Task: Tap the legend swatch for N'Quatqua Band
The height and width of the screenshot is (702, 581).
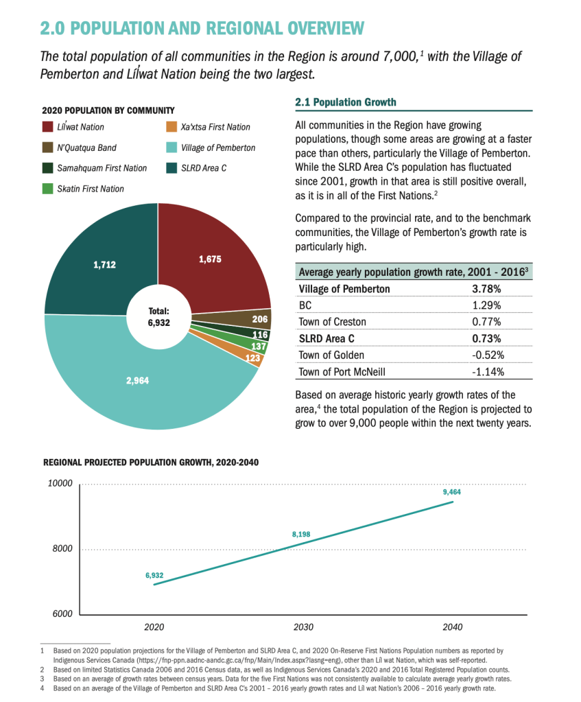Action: [48, 148]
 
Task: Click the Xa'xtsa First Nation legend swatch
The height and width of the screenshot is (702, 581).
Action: [171, 127]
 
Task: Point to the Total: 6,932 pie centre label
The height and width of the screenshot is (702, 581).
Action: [158, 316]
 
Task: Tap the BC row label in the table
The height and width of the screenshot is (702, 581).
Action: [306, 305]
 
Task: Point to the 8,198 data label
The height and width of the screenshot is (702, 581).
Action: [303, 533]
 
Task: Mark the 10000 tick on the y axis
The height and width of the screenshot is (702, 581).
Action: [59, 483]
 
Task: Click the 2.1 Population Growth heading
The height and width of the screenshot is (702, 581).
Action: [345, 102]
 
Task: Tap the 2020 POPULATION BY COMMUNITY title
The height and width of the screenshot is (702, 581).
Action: [108, 110]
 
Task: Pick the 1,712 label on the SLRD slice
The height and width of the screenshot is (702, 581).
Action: [104, 264]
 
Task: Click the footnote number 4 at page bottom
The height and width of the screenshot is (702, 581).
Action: [42, 688]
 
